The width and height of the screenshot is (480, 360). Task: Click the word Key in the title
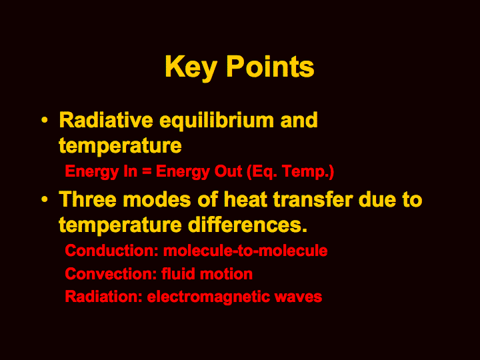tap(191, 68)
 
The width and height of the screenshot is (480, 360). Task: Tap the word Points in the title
tap(270, 67)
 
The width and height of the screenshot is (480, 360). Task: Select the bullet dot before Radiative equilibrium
tap(45, 120)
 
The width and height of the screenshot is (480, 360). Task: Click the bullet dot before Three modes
tap(45, 199)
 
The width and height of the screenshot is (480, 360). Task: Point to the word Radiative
tap(106, 120)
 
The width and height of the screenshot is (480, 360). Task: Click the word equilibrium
tap(217, 121)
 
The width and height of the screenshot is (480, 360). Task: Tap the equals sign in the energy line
tap(147, 171)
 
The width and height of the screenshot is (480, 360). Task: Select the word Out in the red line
tap(228, 171)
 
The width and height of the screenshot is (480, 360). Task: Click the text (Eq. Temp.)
tap(290, 172)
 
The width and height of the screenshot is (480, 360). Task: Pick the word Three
tap(87, 199)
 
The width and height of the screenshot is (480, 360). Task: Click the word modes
tap(157, 199)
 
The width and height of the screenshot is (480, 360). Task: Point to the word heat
tap(245, 199)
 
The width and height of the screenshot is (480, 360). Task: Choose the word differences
tap(247, 225)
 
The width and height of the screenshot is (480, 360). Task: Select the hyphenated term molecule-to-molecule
tap(245, 251)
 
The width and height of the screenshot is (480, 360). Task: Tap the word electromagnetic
tap(209, 297)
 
